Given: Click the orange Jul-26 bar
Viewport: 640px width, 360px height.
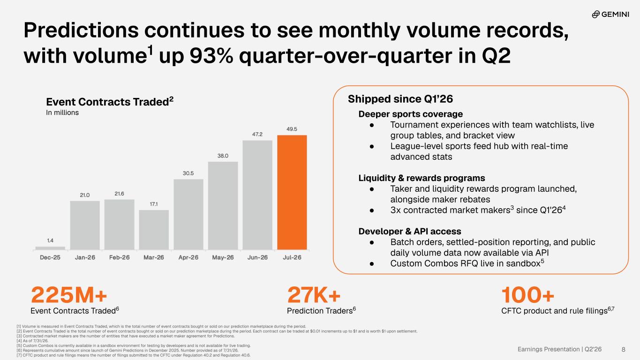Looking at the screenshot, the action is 292,192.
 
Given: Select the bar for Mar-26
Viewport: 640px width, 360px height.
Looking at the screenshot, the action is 154,230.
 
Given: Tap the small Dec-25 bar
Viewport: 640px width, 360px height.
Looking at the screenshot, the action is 50,248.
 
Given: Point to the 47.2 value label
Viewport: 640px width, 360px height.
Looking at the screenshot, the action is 257,134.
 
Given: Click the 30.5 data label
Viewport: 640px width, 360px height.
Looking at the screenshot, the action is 188,173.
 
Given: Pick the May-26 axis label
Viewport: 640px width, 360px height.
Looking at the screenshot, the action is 223,257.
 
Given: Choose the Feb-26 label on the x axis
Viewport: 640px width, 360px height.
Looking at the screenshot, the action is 120,257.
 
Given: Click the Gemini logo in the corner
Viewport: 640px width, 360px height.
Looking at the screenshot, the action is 610,14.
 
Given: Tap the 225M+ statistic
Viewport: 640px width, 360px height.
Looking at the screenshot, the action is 69,295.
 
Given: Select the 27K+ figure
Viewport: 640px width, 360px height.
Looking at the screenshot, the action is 314,295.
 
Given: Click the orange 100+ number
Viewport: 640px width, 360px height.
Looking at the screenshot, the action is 528,295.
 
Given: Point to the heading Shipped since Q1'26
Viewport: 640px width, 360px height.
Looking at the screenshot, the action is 400,99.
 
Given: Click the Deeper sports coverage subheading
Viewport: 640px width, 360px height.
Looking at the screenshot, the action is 411,114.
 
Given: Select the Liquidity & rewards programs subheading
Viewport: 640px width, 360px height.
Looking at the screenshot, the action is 422,178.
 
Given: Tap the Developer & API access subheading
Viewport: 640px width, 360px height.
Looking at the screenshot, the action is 410,231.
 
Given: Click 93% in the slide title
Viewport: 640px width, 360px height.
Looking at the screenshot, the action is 211,56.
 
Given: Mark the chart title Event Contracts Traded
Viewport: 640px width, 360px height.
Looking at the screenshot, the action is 110,102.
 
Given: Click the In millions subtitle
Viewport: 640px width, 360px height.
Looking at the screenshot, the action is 62,112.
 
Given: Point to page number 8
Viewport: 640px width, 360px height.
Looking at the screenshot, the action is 624,349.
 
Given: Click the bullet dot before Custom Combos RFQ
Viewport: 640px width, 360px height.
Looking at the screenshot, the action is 372,264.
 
